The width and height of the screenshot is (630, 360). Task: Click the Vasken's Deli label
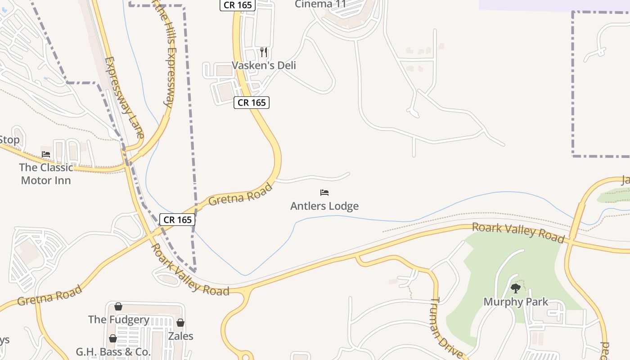264,65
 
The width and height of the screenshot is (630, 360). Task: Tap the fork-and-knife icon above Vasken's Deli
264,52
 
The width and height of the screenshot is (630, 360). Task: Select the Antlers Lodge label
324,206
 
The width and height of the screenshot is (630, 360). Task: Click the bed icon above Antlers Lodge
324,193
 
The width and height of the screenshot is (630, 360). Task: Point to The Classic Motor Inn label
46,174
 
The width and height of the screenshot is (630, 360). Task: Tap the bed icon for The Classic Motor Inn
46,154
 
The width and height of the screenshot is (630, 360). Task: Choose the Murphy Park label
516,301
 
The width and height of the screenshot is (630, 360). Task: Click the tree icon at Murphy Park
516,288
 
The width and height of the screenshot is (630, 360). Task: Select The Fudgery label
119,319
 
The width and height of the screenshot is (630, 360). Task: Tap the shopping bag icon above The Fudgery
118,306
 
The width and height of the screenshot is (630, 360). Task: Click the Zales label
180,336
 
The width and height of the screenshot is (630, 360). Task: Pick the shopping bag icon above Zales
180,323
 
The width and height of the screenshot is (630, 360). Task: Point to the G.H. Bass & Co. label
113,352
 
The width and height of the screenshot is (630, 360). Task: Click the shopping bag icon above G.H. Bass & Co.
113,338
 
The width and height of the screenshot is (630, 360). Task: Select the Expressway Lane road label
124,97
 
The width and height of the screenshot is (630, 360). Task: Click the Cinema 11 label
320,4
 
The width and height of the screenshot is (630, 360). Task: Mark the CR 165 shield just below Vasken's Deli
252,103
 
